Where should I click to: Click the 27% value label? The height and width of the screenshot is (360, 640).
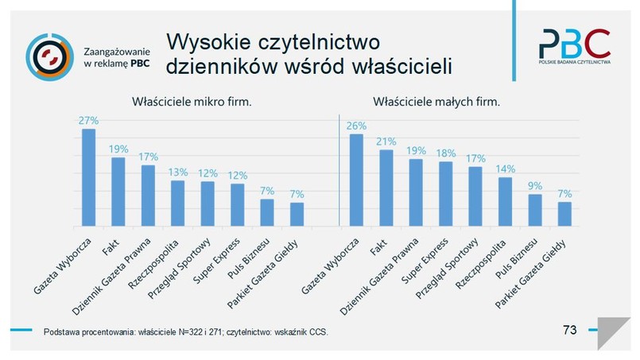[x=88, y=121]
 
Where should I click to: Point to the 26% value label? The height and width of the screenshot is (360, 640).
[x=356, y=126]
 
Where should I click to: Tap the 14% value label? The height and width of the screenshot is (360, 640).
[x=506, y=168]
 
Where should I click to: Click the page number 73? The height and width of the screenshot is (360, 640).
[x=568, y=330]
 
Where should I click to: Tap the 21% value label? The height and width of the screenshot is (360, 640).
[x=386, y=141]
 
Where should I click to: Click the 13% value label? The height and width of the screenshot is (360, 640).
[x=178, y=172]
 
